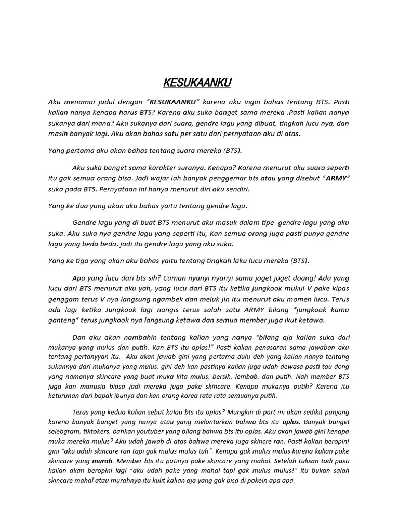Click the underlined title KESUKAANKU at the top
pos(197,83)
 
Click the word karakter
pos(149,168)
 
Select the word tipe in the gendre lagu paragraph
pos(260,222)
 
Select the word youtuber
pos(156,431)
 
